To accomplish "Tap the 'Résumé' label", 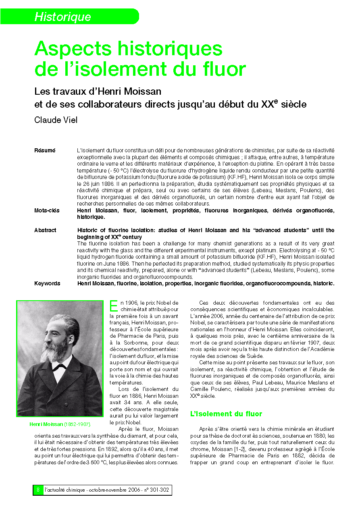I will coord(45,150).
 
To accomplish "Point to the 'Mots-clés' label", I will coord(47,210).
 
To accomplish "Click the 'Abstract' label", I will coord(45,231).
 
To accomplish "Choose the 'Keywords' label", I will coord(47,283).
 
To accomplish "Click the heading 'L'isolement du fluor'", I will coord(226,414).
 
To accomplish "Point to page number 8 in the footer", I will coord(38,490).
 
